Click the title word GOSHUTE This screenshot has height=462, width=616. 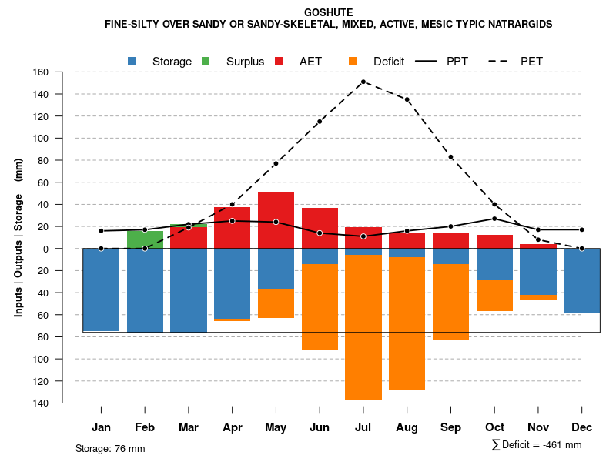[329, 12]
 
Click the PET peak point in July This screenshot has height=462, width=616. [363, 82]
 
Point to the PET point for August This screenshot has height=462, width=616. [407, 99]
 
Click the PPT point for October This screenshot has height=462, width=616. [494, 219]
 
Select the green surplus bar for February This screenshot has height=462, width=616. [145, 239]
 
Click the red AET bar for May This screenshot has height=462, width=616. [276, 220]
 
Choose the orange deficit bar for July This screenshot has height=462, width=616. [363, 327]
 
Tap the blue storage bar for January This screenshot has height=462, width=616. [101, 290]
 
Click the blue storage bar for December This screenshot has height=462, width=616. [582, 281]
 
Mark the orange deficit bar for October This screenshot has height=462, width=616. [494, 296]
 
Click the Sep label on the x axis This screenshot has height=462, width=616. [450, 427]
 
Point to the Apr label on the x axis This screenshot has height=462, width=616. [232, 427]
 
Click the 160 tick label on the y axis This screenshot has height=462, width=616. [41, 72]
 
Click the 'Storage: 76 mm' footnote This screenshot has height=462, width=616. [110, 448]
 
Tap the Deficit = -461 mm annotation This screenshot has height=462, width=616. [537, 445]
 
